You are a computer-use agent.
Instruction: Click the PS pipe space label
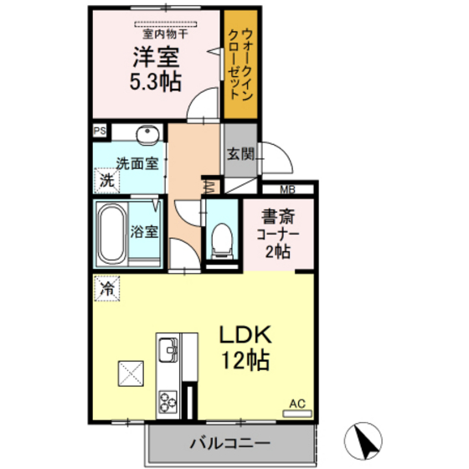[x=100, y=131]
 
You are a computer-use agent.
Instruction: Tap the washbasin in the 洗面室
[x=147, y=135]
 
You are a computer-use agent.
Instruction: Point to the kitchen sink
[x=167, y=350]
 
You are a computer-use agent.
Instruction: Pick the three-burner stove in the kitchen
[x=167, y=402]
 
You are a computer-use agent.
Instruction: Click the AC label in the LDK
[x=297, y=404]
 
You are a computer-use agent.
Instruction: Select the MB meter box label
[x=288, y=189]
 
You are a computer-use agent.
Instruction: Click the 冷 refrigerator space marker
[x=107, y=289]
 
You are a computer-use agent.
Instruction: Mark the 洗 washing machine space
[x=107, y=180]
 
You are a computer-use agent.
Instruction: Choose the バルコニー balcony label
[x=230, y=443]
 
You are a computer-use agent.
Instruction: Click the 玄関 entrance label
[x=241, y=154]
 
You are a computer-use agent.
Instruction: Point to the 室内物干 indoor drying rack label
[x=166, y=34]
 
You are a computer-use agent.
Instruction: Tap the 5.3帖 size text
[x=156, y=81]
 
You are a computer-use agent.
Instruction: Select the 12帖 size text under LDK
[x=245, y=360]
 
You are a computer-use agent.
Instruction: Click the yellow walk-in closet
[x=241, y=64]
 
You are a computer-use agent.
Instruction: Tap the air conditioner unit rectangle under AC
[x=297, y=414]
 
